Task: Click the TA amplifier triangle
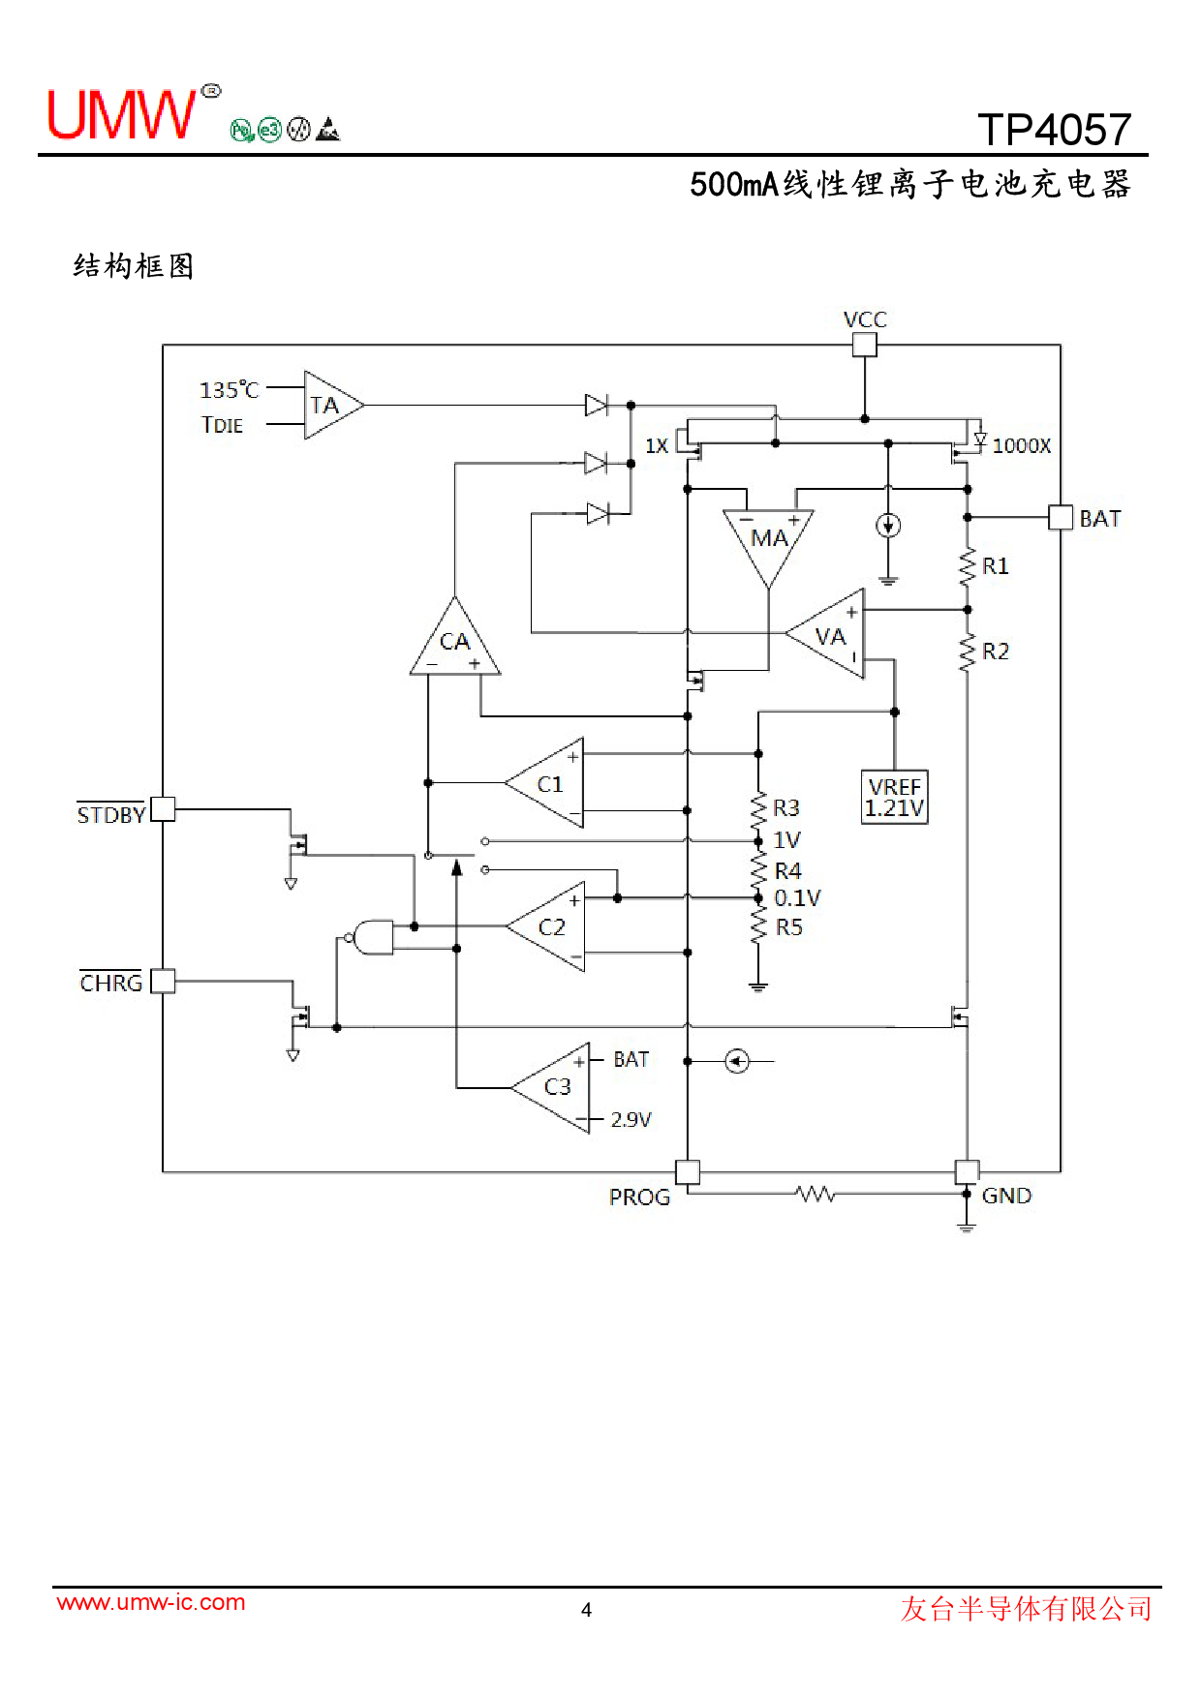(x=329, y=406)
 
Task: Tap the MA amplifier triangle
(x=768, y=539)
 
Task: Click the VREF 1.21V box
(x=894, y=797)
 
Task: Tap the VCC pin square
(x=864, y=345)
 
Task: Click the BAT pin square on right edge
(x=1061, y=517)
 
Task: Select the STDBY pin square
(x=164, y=808)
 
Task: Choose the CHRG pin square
(x=164, y=981)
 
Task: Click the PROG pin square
(x=687, y=1172)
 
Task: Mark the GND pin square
(x=967, y=1172)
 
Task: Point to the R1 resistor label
(x=996, y=566)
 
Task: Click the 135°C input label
(x=230, y=390)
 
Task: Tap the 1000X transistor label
(x=1021, y=445)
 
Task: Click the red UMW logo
(x=121, y=115)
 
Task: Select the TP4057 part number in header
(x=1054, y=130)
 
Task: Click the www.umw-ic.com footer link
(x=151, y=1602)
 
